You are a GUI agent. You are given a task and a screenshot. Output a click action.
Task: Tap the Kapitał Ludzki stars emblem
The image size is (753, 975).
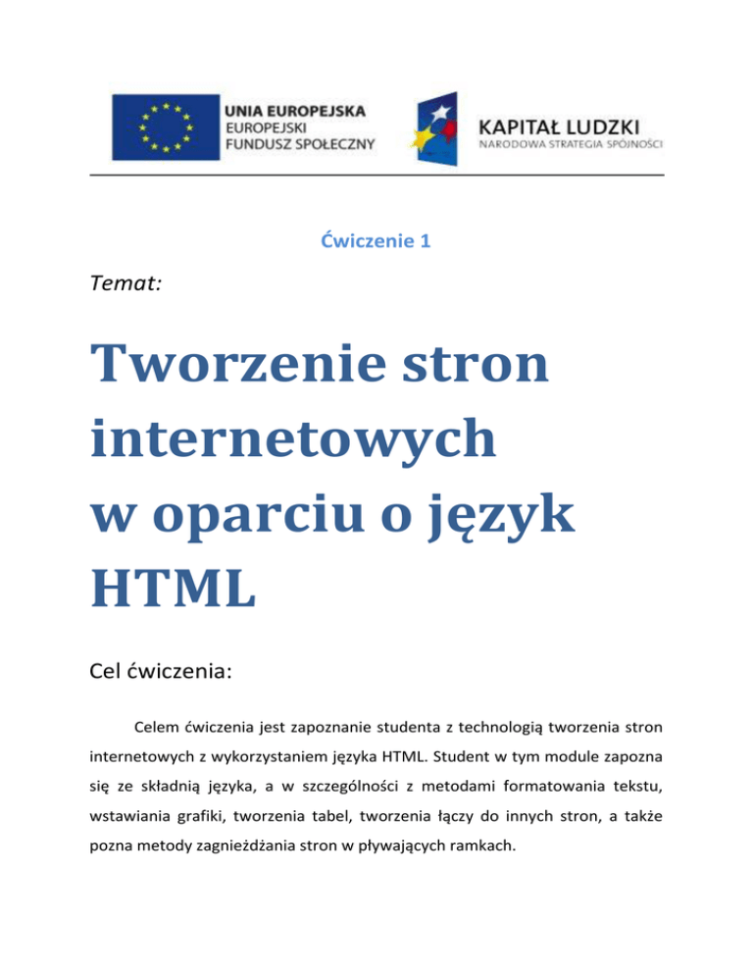tap(439, 128)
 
